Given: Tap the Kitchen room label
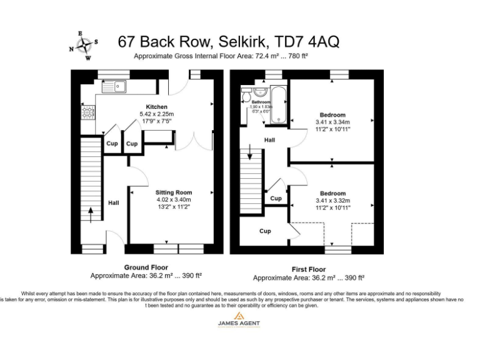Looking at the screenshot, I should pyautogui.click(x=157, y=107).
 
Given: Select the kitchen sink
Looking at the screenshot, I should pyautogui.click(x=114, y=84).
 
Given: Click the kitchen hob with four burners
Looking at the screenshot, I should pyautogui.click(x=87, y=112).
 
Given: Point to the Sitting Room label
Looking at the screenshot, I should pyautogui.click(x=174, y=192).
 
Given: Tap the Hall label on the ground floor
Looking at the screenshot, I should pyautogui.click(x=114, y=202).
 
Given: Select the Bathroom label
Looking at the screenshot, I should pyautogui.click(x=261, y=102).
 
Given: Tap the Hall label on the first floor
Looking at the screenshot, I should pyautogui.click(x=269, y=140).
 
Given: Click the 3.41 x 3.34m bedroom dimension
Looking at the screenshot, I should pyautogui.click(x=332, y=122).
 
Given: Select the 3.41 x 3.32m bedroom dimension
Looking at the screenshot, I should pyautogui.click(x=332, y=201).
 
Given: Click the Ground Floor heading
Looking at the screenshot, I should pyautogui.click(x=146, y=267).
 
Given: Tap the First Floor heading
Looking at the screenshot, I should pyautogui.click(x=308, y=269).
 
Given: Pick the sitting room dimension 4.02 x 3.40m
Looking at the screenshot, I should pyautogui.click(x=174, y=200).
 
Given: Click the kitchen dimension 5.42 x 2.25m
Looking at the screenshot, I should pyautogui.click(x=157, y=114).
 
